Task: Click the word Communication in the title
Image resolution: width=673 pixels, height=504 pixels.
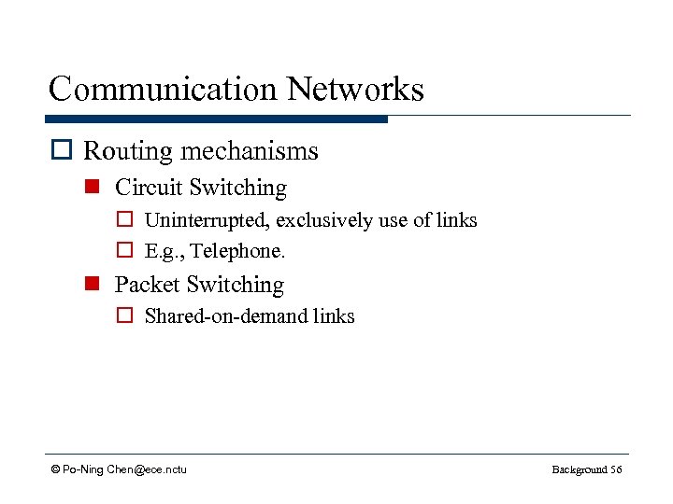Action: [164, 90]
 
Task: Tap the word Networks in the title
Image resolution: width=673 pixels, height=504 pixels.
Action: [355, 90]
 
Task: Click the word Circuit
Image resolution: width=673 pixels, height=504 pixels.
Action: [149, 188]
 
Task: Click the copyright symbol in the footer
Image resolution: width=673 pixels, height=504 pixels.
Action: [55, 469]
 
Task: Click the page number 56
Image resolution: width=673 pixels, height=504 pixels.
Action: [615, 469]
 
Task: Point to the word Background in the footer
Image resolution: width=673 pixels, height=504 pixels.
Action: [579, 469]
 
